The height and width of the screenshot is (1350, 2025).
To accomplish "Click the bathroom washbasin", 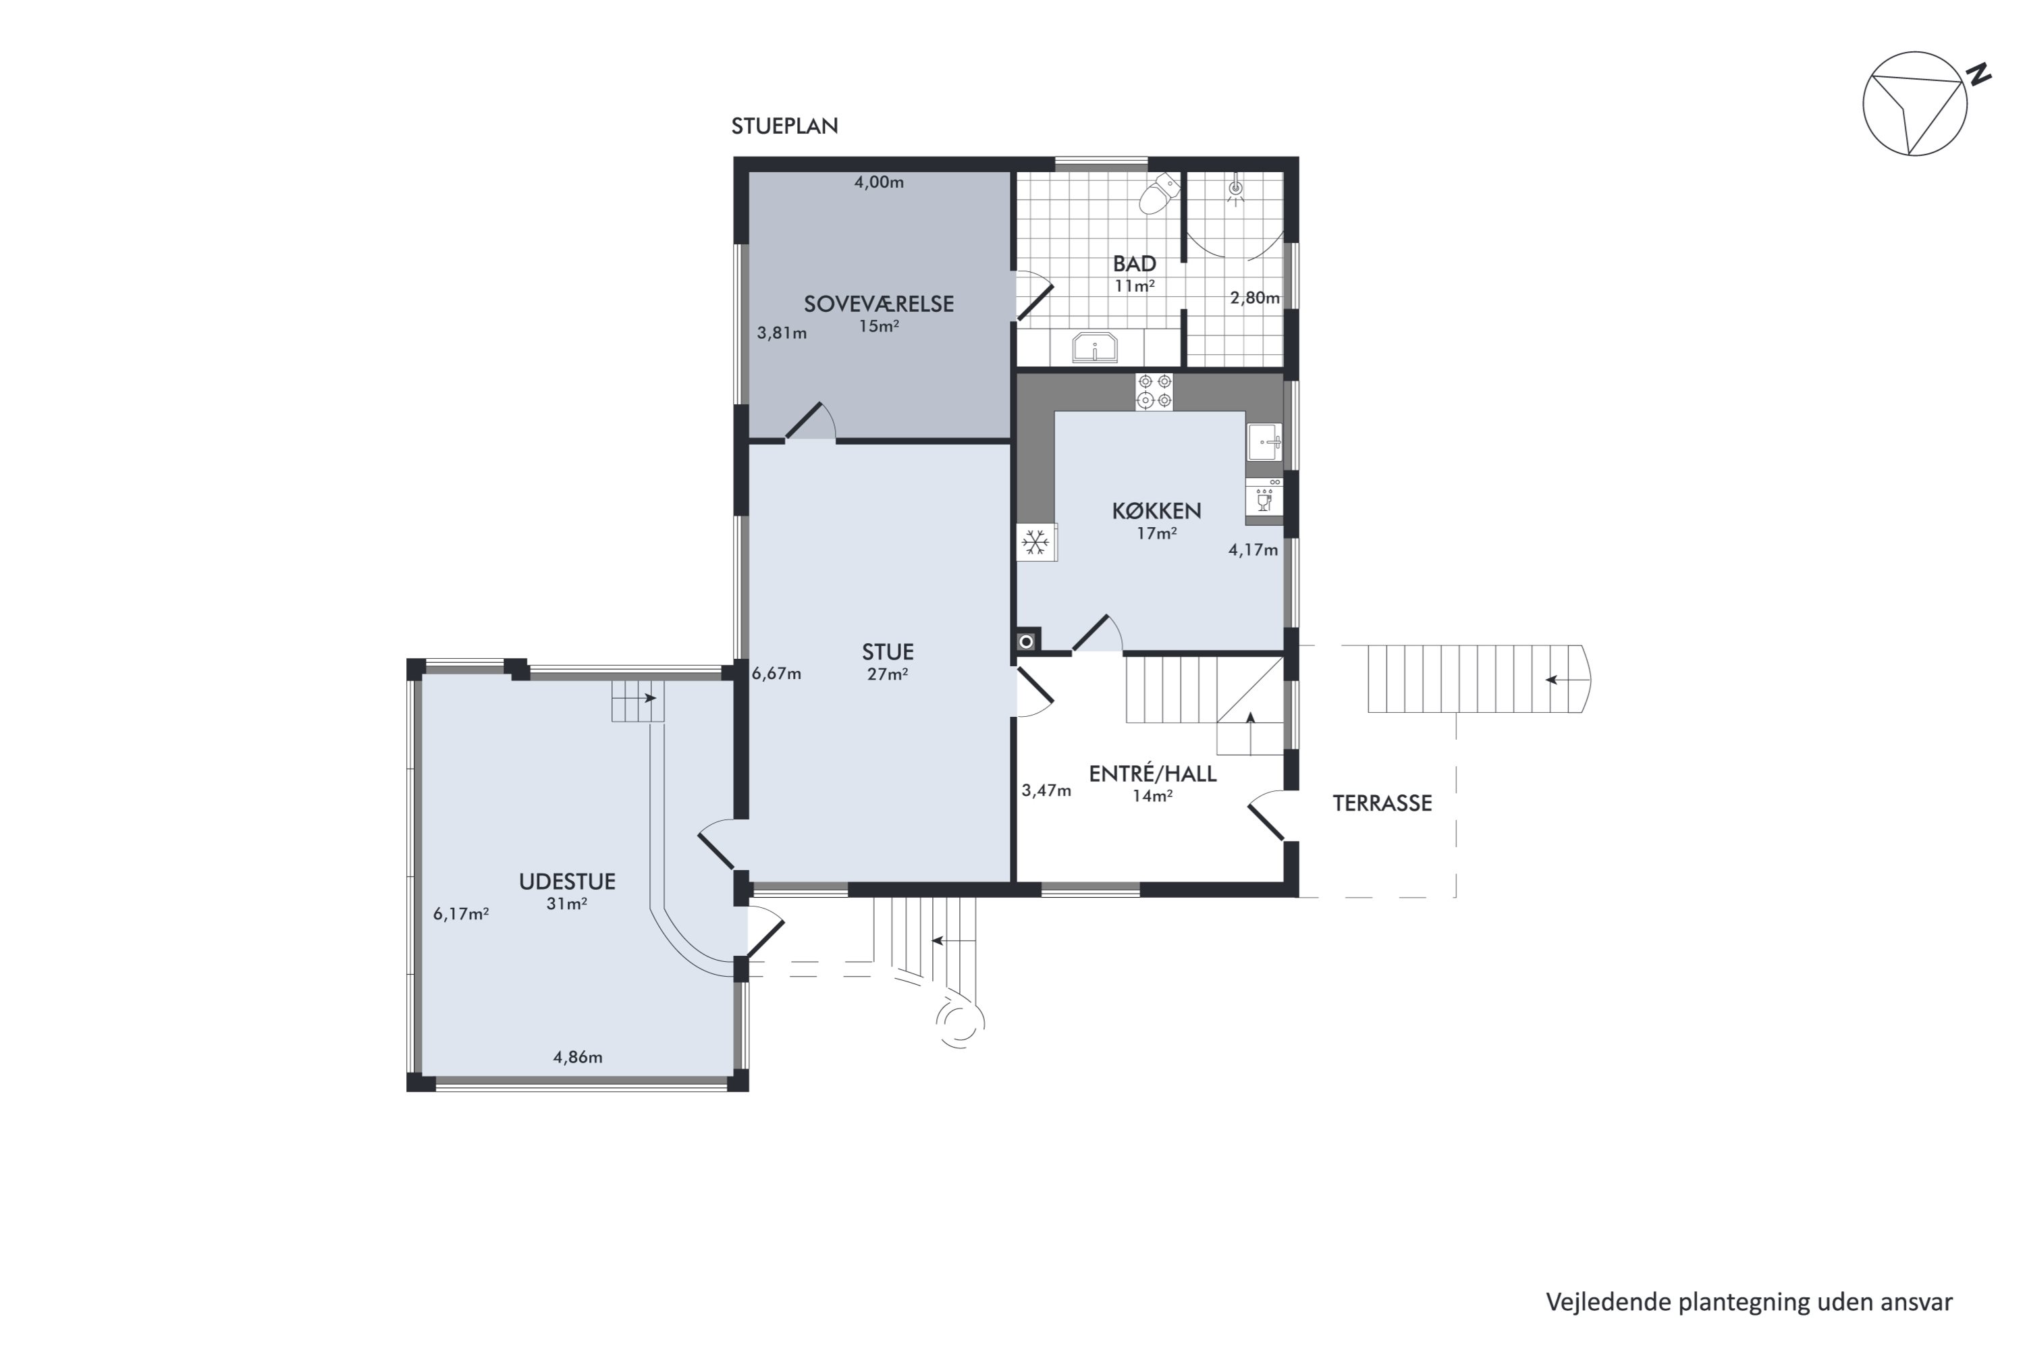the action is pyautogui.click(x=1094, y=348).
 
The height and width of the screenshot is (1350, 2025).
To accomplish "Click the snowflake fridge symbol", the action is pyautogui.click(x=1035, y=543).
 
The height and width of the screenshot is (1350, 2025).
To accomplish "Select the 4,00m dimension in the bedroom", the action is pyautogui.click(x=879, y=182).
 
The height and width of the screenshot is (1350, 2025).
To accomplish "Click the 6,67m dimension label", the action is pyautogui.click(x=777, y=673).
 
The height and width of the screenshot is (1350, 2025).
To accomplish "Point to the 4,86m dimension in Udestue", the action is pyautogui.click(x=578, y=1057).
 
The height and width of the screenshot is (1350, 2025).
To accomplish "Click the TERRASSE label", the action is pyautogui.click(x=1382, y=803).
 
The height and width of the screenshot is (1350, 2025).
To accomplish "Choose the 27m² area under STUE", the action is pyautogui.click(x=888, y=674).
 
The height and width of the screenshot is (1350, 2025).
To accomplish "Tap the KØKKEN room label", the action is pyautogui.click(x=1156, y=510).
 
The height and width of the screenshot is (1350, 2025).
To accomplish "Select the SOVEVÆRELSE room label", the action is pyautogui.click(x=879, y=304).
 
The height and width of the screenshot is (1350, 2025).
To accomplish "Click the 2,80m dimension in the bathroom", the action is pyautogui.click(x=1254, y=298).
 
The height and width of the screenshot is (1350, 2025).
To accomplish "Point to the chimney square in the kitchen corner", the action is pyautogui.click(x=1028, y=641).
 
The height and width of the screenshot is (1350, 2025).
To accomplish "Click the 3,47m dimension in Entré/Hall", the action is pyautogui.click(x=1046, y=790).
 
